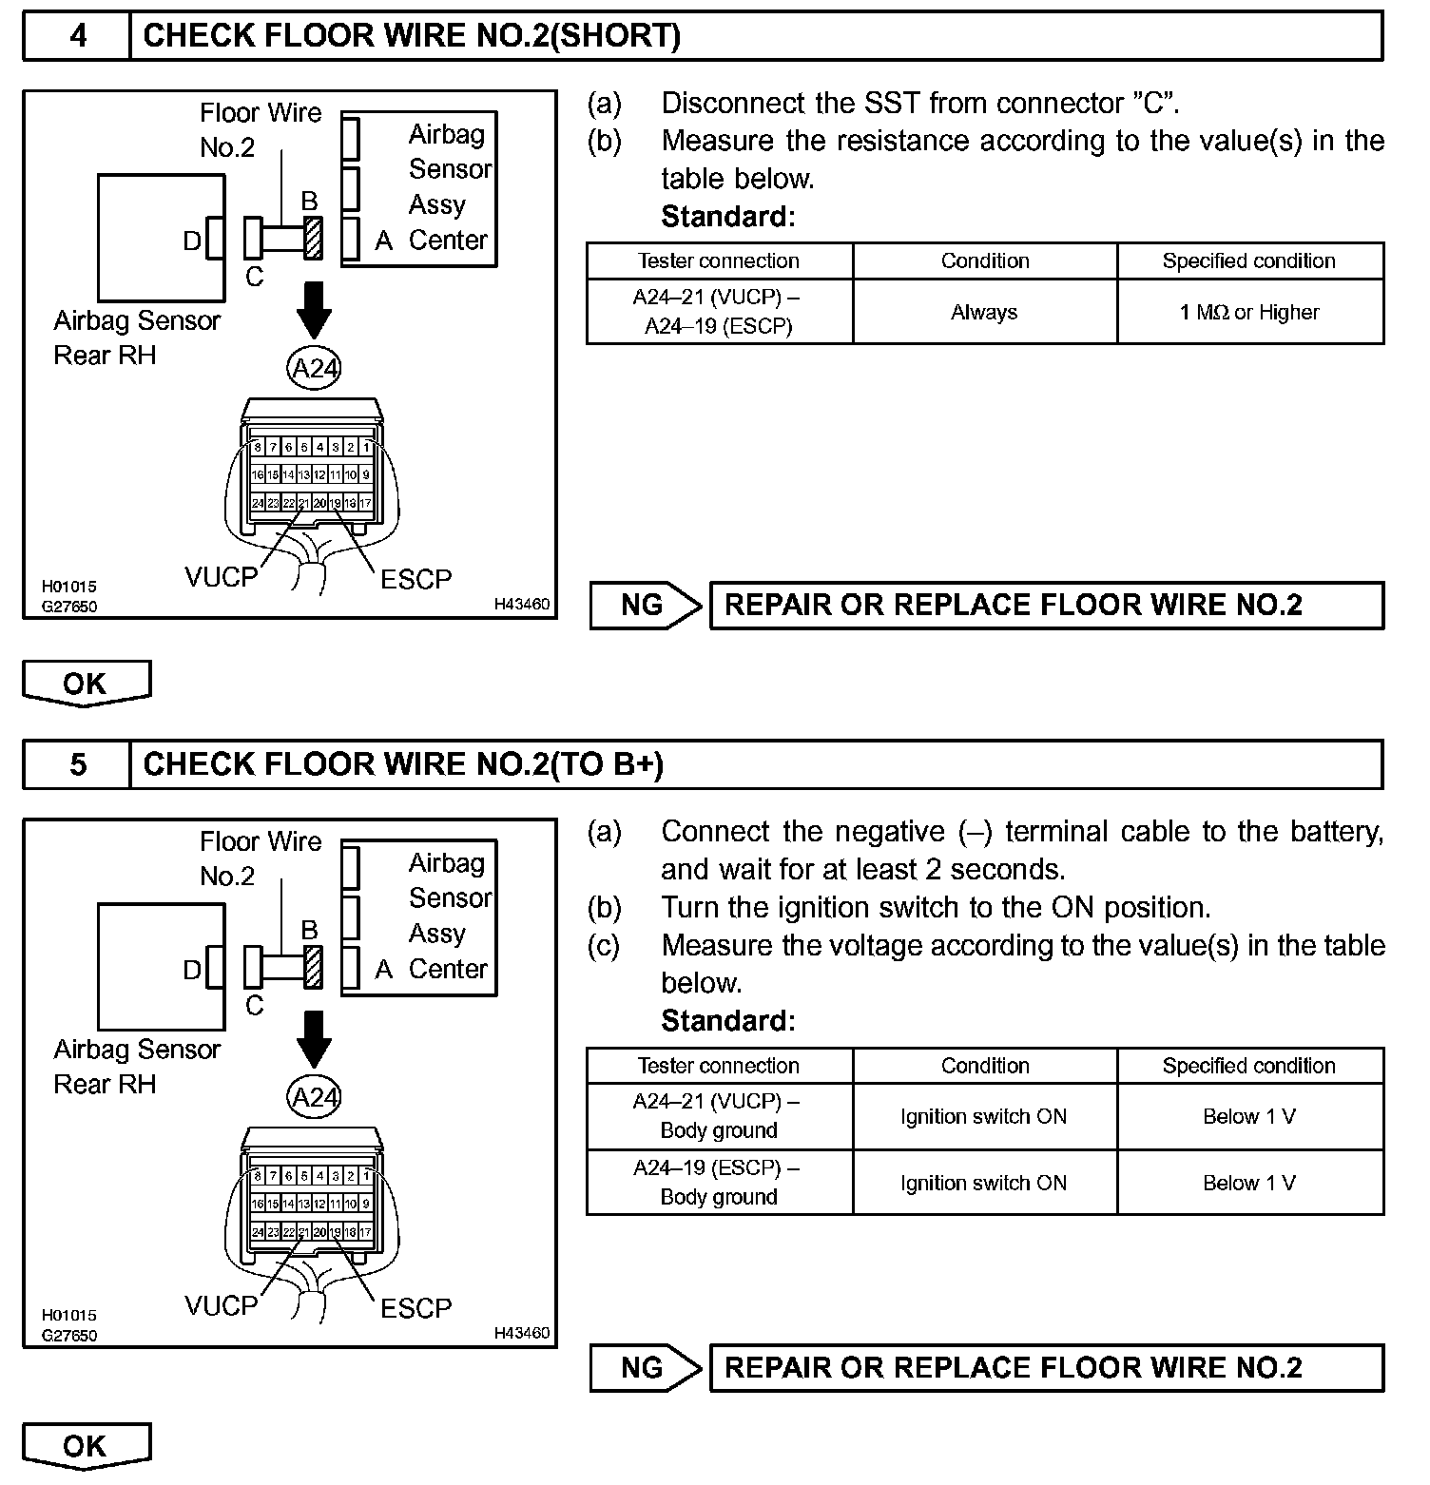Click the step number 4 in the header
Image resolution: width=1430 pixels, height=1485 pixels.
78,36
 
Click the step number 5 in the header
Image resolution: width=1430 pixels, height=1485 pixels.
78,764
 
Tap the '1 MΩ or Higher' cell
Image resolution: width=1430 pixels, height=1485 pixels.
1249,312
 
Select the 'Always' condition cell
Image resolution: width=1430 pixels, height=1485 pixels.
984,312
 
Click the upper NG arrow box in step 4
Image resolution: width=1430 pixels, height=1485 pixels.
645,605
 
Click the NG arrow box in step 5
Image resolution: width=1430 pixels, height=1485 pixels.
645,1367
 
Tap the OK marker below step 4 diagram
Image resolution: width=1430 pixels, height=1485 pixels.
86,684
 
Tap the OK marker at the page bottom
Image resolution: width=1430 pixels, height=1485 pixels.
86,1445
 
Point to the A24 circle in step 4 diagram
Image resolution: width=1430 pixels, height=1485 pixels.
314,369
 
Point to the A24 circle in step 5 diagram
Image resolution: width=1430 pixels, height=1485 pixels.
314,1098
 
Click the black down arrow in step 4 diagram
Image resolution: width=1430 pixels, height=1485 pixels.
314,310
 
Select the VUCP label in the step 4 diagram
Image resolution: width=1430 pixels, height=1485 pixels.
222,577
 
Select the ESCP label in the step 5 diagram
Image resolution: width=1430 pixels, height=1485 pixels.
415,1308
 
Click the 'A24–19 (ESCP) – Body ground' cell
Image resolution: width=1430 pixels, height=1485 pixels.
719,1182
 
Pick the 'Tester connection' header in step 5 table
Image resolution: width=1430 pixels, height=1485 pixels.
719,1066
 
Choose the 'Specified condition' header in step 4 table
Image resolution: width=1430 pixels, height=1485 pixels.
1249,260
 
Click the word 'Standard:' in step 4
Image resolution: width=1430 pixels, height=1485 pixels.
727,217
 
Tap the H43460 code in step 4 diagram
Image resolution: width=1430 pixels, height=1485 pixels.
521,604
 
